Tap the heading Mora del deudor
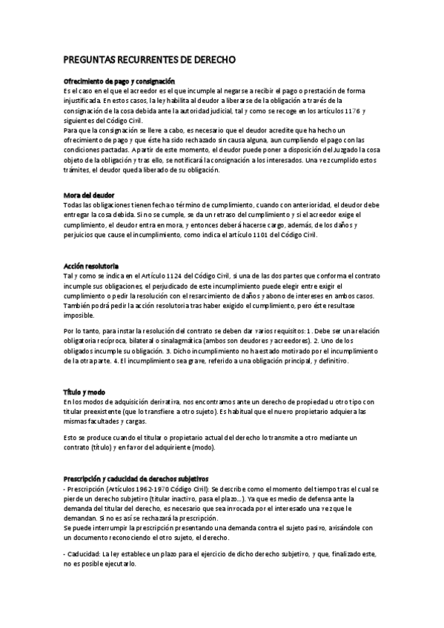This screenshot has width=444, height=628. point(89,195)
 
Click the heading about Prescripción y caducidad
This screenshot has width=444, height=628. point(136,479)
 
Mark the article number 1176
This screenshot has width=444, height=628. point(352,110)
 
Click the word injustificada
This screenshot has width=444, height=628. point(82,100)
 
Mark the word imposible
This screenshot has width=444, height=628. point(80,315)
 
